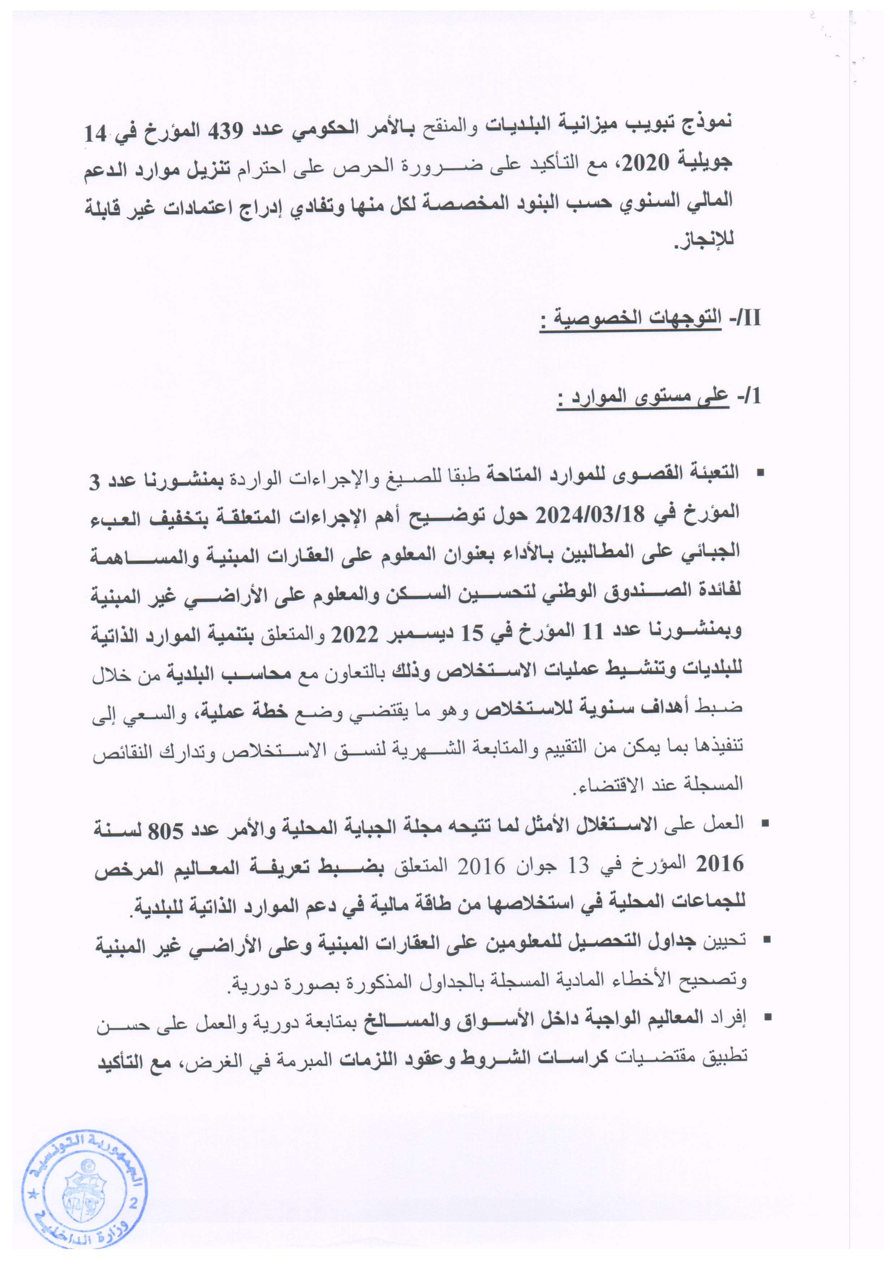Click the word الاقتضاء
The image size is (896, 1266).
607,785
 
